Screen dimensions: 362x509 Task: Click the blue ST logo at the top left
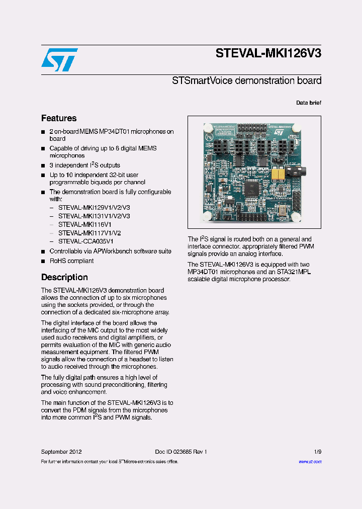pyautogui.click(x=59, y=59)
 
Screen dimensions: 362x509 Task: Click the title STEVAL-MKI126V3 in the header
pyautogui.click(x=268, y=53)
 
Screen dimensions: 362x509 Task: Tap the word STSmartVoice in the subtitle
pyautogui.click(x=196, y=80)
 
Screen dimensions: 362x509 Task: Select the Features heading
pyautogui.click(x=59, y=118)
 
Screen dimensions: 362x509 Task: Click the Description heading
pyautogui.click(x=64, y=277)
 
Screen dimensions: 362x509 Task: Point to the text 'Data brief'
pyautogui.click(x=308, y=103)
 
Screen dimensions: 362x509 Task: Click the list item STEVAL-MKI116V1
pyautogui.click(x=85, y=224)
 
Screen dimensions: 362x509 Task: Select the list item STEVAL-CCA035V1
pyautogui.click(x=86, y=241)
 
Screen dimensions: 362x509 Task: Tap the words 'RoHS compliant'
pyautogui.click(x=71, y=261)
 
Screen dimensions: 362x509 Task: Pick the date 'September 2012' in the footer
pyautogui.click(x=61, y=452)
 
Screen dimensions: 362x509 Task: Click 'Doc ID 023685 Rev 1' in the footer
pyautogui.click(x=181, y=452)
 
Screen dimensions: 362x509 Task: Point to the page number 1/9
pyautogui.click(x=317, y=452)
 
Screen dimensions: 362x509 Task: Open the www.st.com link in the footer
pyautogui.click(x=310, y=461)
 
